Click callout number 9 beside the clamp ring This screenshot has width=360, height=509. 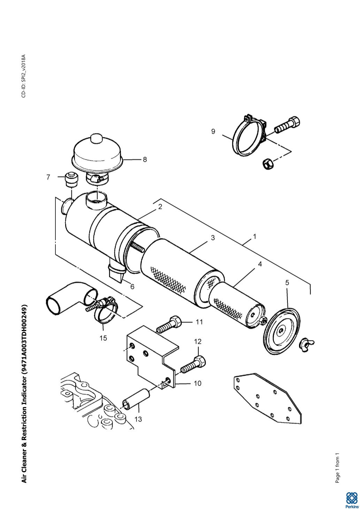pyautogui.click(x=213, y=131)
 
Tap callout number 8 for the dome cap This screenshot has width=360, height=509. pyautogui.click(x=145, y=160)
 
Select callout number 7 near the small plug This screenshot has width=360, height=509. pyautogui.click(x=48, y=177)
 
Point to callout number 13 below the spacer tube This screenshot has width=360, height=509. pyautogui.click(x=138, y=419)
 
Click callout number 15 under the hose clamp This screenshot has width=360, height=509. pyautogui.click(x=103, y=338)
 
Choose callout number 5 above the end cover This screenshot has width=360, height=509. pyautogui.click(x=287, y=283)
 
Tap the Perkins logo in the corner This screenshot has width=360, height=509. pyautogui.click(x=352, y=500)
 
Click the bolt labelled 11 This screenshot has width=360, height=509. pyautogui.click(x=169, y=324)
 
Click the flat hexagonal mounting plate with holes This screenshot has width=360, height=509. pyautogui.click(x=267, y=399)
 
